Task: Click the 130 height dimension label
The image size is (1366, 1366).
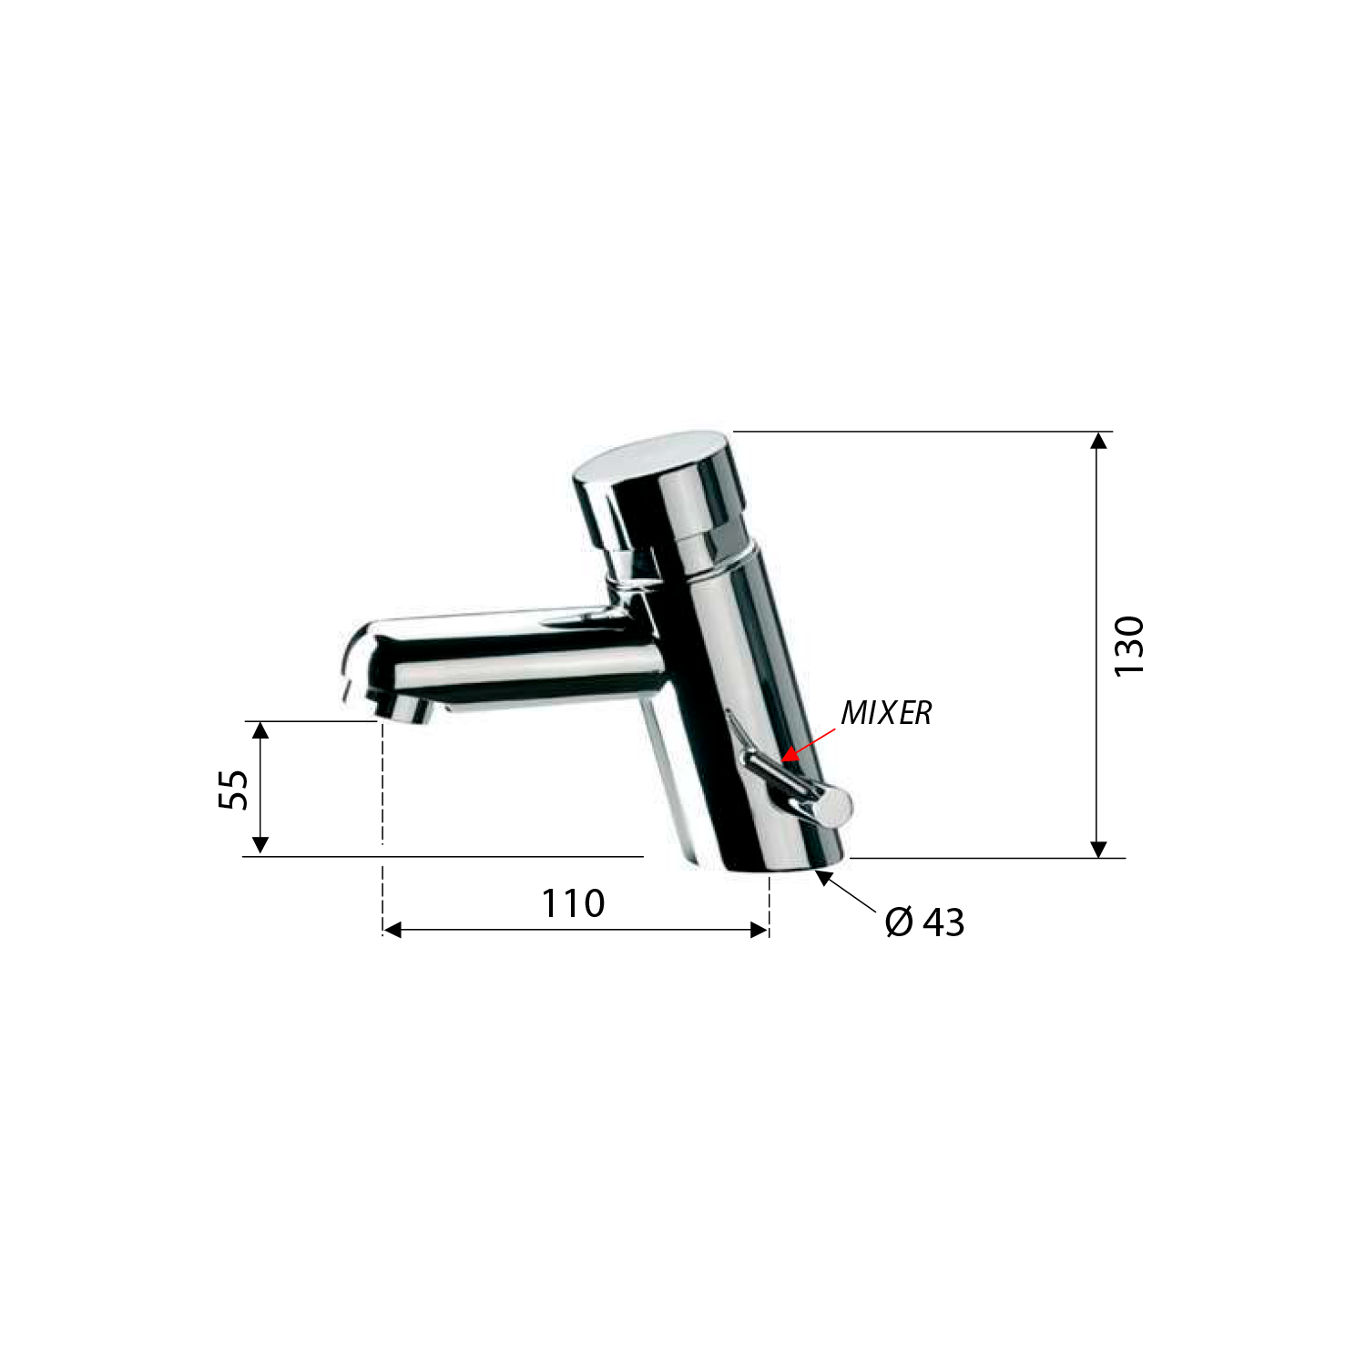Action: point(1128,646)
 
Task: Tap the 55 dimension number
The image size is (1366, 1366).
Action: point(234,789)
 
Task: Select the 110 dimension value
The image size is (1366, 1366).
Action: point(573,903)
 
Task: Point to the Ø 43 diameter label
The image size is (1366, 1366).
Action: point(924,923)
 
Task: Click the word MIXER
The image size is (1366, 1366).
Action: point(886,713)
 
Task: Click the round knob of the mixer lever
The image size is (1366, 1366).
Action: point(833,808)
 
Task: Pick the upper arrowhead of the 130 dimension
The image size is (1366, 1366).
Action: point(1099,441)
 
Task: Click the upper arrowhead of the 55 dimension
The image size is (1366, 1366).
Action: point(260,729)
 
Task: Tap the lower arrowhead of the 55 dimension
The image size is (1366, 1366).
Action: point(260,845)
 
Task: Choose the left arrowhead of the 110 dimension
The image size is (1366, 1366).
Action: point(392,930)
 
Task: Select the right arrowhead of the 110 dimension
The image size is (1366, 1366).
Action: point(759,930)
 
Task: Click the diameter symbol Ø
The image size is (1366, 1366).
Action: point(899,923)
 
